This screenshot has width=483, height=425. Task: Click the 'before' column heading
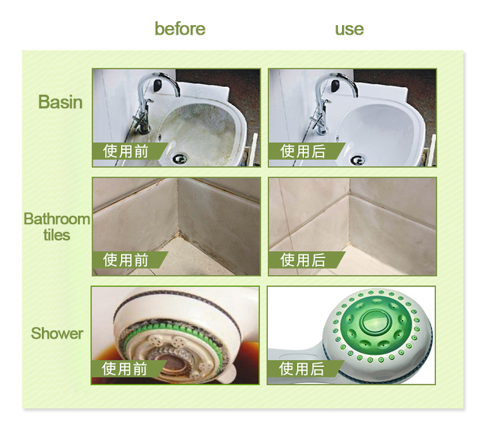click(x=180, y=29)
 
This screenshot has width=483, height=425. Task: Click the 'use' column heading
click(x=349, y=29)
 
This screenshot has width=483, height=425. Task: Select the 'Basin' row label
click(x=61, y=102)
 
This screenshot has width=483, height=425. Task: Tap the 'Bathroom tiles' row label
click(x=57, y=227)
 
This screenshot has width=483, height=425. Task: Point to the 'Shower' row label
click(x=57, y=333)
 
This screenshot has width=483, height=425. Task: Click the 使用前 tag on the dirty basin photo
click(x=126, y=151)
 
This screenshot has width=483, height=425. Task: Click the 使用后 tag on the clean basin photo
click(x=303, y=151)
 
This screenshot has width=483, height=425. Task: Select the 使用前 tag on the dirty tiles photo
click(x=126, y=260)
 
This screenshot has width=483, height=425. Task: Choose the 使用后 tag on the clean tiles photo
click(x=303, y=260)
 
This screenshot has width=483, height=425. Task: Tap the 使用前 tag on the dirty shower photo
click(x=126, y=369)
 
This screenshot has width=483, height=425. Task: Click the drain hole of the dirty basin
click(x=180, y=158)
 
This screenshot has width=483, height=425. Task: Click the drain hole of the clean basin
click(x=357, y=158)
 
